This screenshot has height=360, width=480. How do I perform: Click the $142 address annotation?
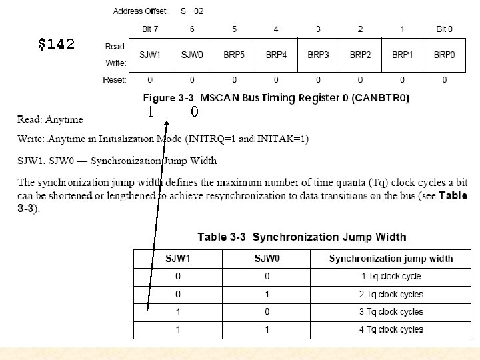(56, 45)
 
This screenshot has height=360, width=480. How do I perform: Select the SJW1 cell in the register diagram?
(150, 54)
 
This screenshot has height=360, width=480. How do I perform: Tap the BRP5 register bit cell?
(235, 54)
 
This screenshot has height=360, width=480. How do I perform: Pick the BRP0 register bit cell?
(444, 54)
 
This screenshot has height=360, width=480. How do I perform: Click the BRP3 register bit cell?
(318, 54)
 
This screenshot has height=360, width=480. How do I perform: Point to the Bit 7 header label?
(150, 29)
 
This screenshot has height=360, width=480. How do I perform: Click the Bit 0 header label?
(444, 29)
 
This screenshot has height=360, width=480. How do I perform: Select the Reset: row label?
(115, 80)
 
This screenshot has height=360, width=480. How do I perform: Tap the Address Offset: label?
(141, 11)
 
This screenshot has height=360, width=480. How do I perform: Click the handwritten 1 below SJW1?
(151, 112)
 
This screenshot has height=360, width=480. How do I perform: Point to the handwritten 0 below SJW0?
(194, 112)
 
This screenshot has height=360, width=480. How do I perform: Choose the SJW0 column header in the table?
(267, 259)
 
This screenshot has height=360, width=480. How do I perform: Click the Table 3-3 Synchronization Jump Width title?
(301, 237)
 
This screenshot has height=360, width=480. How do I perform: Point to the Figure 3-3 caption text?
(276, 98)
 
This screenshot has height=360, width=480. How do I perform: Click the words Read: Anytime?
(50, 119)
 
